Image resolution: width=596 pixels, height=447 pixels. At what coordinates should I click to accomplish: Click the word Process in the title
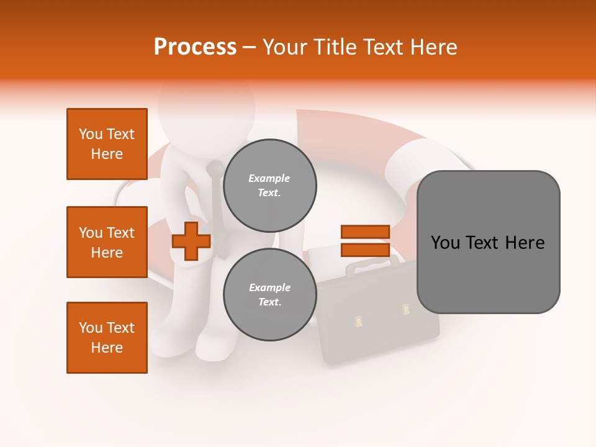195,47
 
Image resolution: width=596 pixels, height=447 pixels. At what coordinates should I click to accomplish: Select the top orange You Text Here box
107,144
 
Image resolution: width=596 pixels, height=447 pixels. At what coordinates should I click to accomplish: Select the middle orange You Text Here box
107,242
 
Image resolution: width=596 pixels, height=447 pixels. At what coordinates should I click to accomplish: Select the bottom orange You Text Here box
107,338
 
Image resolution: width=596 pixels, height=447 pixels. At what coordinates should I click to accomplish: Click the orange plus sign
191,242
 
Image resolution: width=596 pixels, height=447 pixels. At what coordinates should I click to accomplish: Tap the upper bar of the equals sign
365,232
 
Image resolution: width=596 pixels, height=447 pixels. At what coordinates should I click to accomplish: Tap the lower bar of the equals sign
365,250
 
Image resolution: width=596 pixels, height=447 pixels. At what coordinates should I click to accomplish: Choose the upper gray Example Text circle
269,185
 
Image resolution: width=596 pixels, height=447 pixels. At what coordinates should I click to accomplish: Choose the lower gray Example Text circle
269,294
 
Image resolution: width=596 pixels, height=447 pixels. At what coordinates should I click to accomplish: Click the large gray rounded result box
488,242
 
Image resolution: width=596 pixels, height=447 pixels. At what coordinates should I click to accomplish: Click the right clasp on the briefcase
405,309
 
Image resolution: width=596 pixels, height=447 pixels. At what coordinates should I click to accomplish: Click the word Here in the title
433,47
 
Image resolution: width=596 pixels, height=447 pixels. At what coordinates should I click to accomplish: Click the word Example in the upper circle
269,179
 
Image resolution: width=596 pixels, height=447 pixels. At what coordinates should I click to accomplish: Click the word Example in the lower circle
269,288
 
